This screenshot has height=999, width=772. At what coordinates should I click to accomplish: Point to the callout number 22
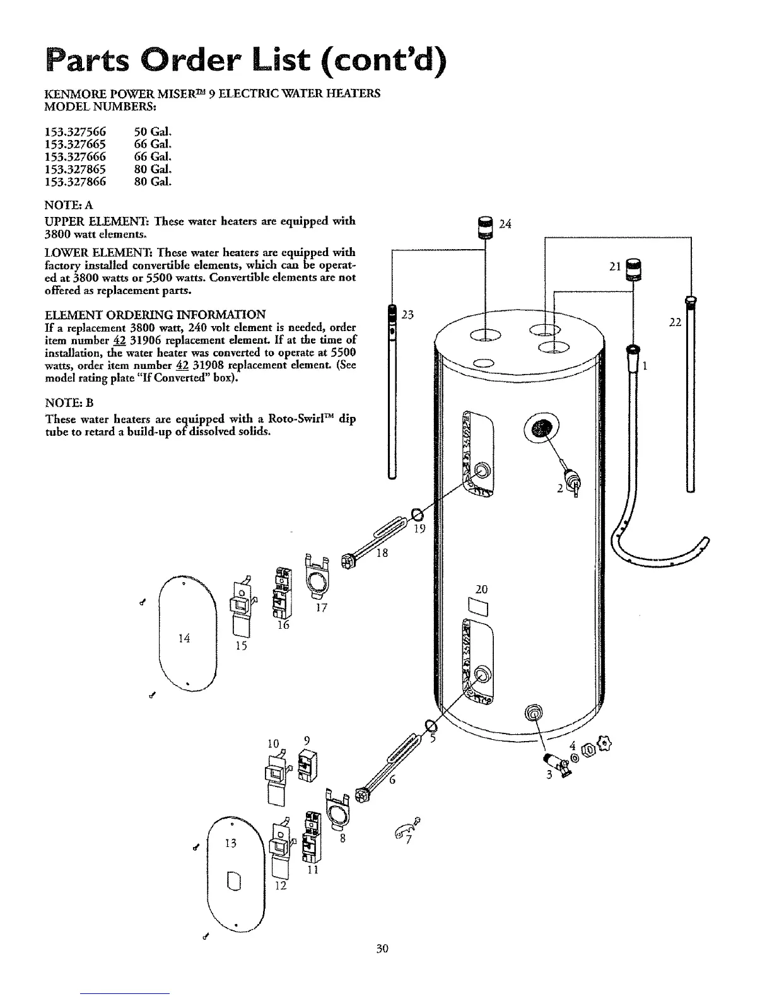[x=675, y=322]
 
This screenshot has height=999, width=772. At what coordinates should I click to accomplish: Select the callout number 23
[x=407, y=315]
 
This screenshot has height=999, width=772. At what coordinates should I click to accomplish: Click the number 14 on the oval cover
[x=184, y=638]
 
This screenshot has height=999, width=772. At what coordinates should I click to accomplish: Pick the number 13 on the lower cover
[x=231, y=843]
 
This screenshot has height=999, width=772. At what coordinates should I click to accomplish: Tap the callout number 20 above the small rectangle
[x=482, y=590]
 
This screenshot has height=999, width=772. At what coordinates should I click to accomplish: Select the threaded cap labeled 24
[x=486, y=227]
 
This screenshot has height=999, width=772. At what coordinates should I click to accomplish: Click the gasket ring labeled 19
[x=417, y=514]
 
